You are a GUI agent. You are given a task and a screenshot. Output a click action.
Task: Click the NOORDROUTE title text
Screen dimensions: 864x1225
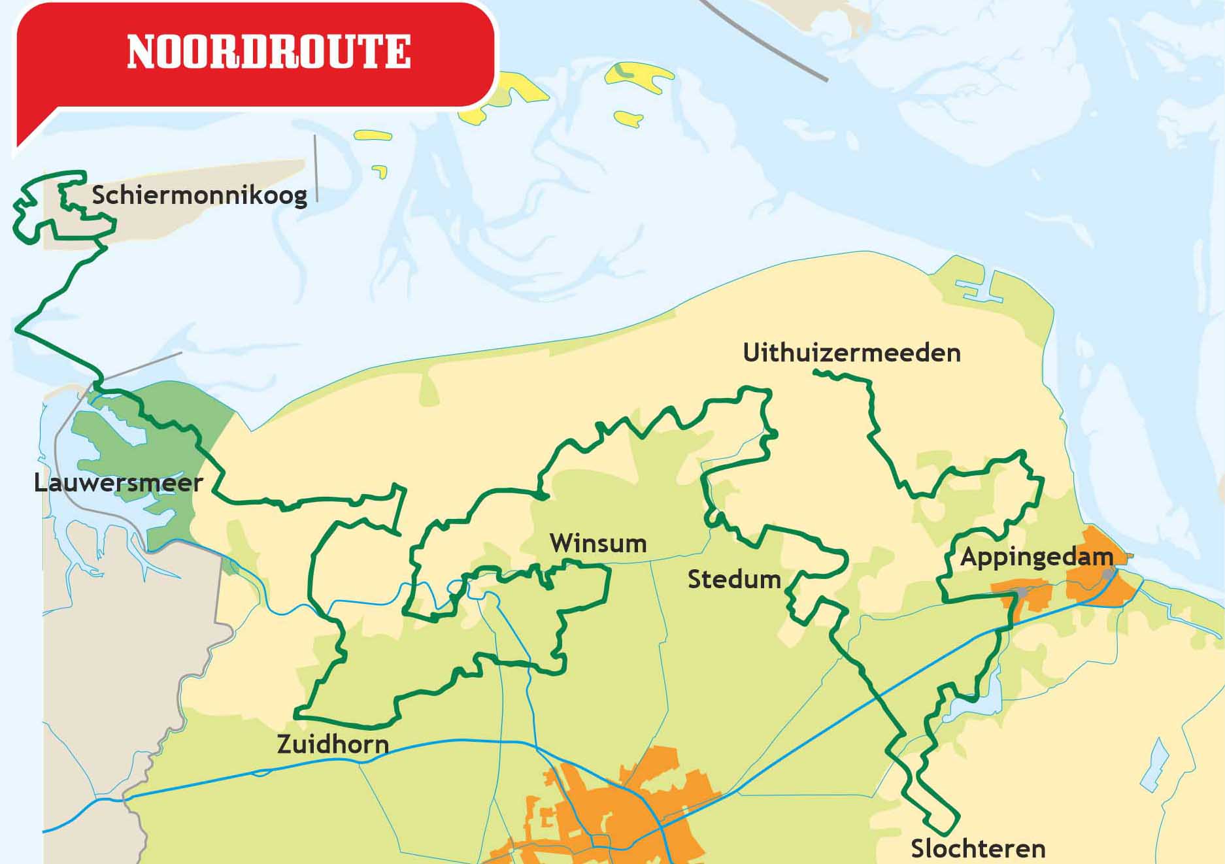click(269, 52)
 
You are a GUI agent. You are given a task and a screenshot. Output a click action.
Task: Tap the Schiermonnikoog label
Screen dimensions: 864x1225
click(199, 195)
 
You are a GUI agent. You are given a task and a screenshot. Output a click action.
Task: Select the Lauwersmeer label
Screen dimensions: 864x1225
click(118, 484)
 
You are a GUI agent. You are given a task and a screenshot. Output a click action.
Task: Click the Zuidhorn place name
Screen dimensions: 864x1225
click(333, 744)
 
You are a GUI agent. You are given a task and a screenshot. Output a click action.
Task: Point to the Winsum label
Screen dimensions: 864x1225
click(598, 543)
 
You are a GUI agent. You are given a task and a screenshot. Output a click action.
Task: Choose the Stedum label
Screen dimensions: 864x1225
click(734, 579)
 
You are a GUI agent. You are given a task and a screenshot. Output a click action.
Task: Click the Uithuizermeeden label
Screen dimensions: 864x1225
click(852, 353)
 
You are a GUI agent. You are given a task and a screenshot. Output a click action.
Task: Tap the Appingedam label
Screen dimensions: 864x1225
click(1036, 557)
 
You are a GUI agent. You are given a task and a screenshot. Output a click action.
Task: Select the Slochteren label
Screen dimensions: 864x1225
click(978, 848)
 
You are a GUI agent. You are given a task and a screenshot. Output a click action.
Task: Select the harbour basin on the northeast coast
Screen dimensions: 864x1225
click(981, 288)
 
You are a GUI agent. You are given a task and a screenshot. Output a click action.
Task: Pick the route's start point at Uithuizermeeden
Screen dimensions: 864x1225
click(816, 372)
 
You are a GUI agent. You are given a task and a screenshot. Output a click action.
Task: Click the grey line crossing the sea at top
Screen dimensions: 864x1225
click(765, 39)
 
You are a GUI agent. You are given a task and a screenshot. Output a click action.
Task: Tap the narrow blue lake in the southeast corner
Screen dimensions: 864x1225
click(1154, 765)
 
